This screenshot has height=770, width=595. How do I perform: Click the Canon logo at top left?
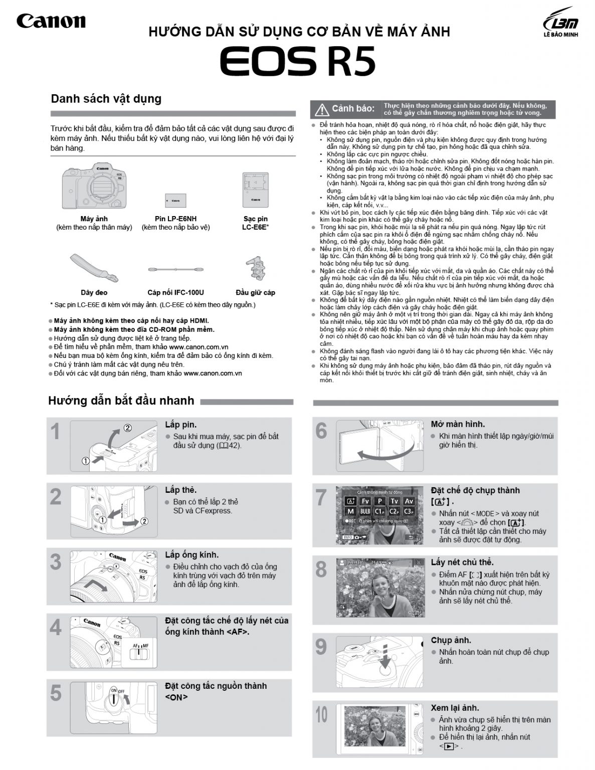[51, 21]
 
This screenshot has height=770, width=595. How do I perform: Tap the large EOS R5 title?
[298, 62]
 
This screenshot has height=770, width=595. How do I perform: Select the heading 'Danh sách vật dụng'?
[106, 99]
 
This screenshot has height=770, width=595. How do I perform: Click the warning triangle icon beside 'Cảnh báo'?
[321, 109]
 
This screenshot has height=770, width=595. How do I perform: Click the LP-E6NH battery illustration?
[175, 200]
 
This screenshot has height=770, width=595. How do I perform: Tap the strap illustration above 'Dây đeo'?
[94, 267]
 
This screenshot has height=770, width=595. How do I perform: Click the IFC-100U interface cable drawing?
[175, 270]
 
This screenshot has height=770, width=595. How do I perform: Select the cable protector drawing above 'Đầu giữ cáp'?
[255, 269]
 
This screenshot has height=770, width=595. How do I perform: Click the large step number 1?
[56, 432]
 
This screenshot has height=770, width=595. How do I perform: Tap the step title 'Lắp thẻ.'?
[180, 490]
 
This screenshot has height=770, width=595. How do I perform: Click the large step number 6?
[321, 431]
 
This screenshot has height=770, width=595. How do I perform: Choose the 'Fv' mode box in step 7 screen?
[365, 501]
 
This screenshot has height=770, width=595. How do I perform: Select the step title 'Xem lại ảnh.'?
[455, 708]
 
